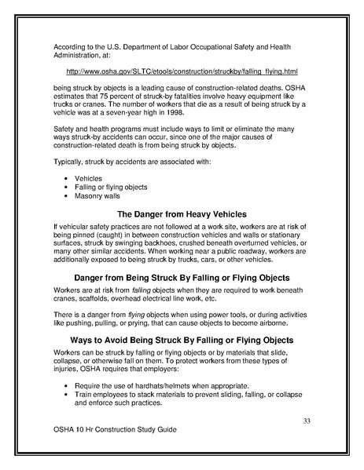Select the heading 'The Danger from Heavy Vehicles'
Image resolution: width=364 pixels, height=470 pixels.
click(182, 214)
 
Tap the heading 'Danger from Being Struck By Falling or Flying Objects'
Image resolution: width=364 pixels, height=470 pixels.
click(182, 278)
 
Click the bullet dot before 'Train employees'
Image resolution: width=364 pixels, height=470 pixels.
click(64, 396)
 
